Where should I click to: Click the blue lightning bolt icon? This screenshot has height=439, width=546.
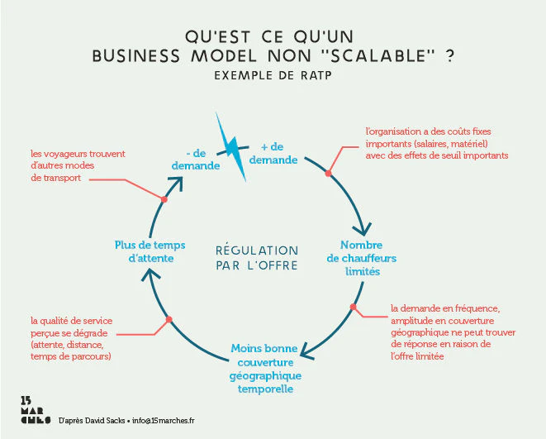click(231, 147)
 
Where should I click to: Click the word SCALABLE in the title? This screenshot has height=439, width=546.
click(378, 55)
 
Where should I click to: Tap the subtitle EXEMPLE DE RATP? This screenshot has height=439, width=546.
click(273, 75)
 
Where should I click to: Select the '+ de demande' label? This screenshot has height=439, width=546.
click(273, 153)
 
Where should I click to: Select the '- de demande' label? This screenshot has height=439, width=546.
click(196, 160)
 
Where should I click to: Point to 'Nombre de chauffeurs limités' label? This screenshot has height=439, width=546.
click(362, 258)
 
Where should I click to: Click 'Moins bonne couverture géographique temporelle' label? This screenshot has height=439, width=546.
click(265, 368)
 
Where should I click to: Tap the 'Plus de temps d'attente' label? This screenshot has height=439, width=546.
click(150, 251)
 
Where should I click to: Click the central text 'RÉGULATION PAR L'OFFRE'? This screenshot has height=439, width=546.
click(257, 258)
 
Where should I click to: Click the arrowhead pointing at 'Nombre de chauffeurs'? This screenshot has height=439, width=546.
click(363, 229)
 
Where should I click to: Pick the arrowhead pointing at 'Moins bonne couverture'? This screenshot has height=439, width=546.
click(306, 352)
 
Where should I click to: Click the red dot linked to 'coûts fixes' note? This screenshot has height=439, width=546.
click(328, 173)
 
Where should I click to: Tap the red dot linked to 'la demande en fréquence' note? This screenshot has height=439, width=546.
click(353, 307)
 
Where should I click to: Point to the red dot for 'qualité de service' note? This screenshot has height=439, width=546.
click(169, 319)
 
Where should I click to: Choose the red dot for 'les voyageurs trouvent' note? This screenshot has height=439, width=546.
click(164, 199)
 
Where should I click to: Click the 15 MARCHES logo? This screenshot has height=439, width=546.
click(36, 410)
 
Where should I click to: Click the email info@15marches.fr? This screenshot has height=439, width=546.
click(164, 421)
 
